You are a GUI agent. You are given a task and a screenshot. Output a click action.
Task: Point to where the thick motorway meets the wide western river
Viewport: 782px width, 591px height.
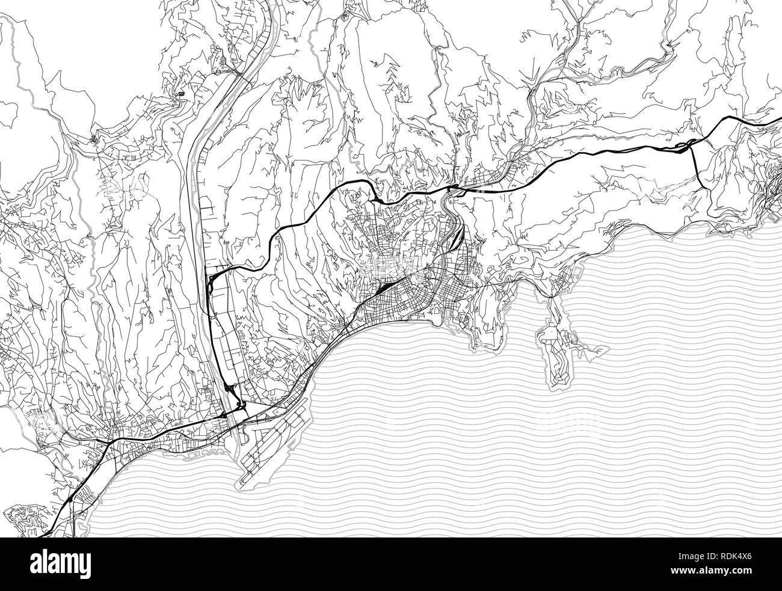pos(210,280)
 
